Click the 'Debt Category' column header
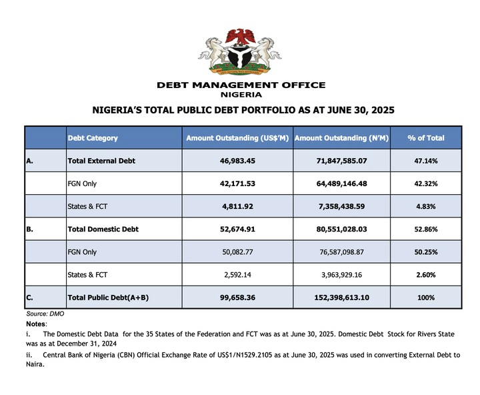pos(93,138)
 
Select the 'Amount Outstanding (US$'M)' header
pos(237,138)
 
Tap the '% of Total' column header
pos(425,138)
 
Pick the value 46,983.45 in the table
pos(237,161)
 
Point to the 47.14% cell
pos(425,161)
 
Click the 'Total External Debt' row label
pos(101,161)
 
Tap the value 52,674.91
pos(237,229)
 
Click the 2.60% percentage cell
pos(425,274)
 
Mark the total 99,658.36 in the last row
pos(237,297)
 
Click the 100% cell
pos(425,297)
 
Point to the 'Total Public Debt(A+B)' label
pos(107,297)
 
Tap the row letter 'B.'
pos(31,229)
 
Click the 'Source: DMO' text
pos(45,313)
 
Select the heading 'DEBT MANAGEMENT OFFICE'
pos(241,85)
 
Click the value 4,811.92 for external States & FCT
pos(237,206)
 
